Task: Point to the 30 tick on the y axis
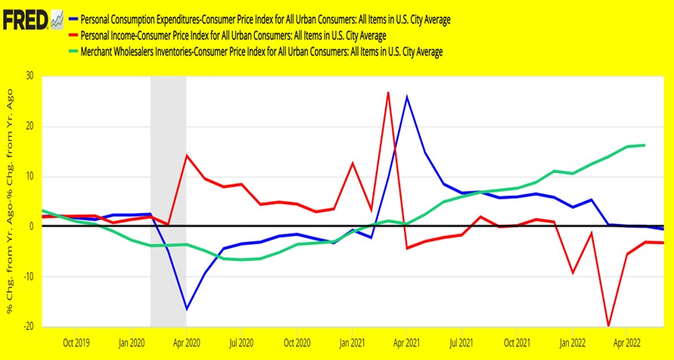(x=30, y=76)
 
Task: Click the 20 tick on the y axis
(x=30, y=126)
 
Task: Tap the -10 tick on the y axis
(x=28, y=277)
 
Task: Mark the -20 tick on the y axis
(x=28, y=327)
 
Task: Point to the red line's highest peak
(x=388, y=92)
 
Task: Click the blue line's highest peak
(x=407, y=96)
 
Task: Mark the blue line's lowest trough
(x=187, y=309)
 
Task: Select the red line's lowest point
(x=609, y=326)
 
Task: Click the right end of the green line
(x=644, y=145)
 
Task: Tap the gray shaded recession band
(x=168, y=201)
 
